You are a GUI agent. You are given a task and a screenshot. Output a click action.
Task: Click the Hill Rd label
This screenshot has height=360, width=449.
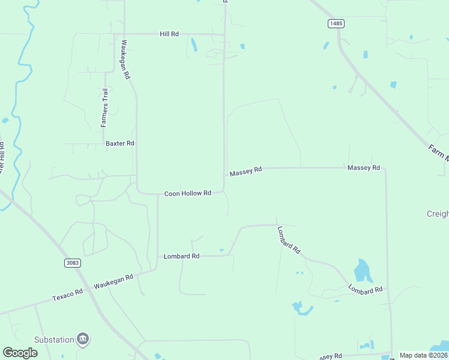click(169, 34)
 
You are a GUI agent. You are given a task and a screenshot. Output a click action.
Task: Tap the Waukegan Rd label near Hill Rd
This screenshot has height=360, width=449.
click(125, 60)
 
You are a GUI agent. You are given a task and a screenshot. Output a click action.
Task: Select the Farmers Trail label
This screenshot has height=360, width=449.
click(104, 107)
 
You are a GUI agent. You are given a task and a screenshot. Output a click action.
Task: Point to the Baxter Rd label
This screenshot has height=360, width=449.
click(120, 143)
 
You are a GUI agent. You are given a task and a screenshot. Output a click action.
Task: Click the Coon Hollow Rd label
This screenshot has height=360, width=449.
click(188, 193)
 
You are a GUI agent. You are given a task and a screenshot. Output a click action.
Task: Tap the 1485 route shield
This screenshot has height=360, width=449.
click(336, 23)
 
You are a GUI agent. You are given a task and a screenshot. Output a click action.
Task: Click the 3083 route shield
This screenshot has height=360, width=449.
click(72, 263)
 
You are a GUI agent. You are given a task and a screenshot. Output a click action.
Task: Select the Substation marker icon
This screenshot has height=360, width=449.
click(83, 340)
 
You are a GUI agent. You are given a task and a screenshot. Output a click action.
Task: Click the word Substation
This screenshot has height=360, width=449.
click(53, 340)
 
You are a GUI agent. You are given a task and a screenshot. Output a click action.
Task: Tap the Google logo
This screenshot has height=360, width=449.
click(20, 353)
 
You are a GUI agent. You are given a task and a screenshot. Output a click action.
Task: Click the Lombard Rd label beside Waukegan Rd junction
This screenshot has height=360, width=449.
click(181, 256)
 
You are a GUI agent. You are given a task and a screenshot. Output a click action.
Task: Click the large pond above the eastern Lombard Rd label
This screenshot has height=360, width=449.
click(363, 271)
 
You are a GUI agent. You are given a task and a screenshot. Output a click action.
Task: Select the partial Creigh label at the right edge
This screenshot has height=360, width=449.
click(437, 214)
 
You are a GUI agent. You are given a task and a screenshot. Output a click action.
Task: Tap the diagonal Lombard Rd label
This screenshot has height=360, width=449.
click(289, 240)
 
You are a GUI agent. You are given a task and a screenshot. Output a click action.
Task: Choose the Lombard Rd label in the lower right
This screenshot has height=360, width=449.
click(366, 290)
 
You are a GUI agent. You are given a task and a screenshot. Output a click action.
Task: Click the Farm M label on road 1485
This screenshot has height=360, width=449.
click(438, 153)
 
